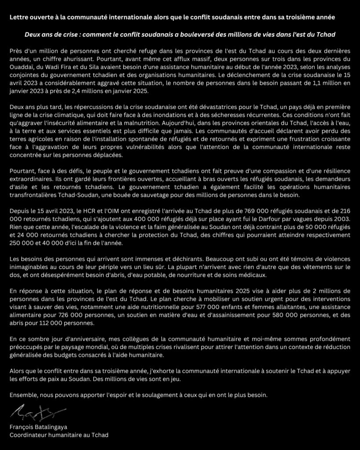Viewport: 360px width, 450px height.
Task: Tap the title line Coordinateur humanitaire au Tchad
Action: click(58, 435)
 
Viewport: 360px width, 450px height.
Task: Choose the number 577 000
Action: click(228, 308)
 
